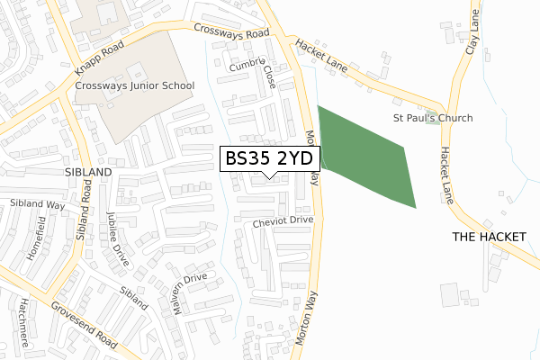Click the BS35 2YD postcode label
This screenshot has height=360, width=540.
268,158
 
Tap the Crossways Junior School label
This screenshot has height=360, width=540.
135,86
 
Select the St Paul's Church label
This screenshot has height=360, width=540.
433,118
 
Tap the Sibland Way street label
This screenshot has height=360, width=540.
38,205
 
